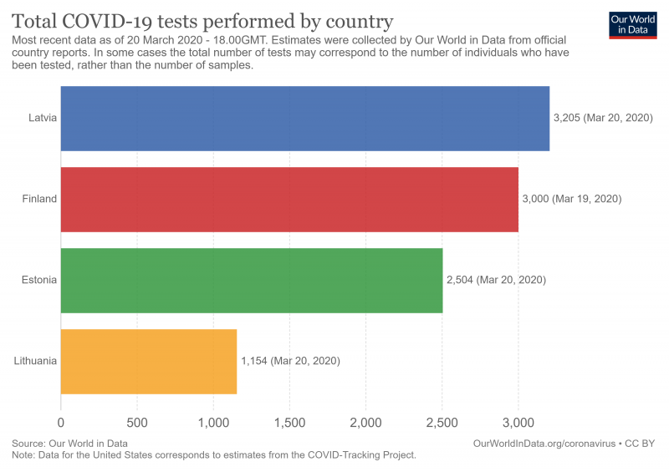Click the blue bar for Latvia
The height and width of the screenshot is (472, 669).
point(305,119)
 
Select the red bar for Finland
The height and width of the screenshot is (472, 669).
point(289,199)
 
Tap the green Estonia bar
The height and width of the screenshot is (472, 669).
point(252,280)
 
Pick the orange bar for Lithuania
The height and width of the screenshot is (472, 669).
point(149,361)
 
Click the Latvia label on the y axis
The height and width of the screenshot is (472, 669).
point(42,119)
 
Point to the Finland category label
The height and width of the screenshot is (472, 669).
point(39,199)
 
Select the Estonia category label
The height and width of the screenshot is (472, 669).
point(39,280)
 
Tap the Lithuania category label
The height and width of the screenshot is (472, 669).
point(35,361)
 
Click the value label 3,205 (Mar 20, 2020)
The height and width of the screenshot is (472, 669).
point(602,119)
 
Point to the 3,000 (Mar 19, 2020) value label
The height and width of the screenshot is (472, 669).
point(572,199)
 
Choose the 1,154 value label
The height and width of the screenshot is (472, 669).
point(290,361)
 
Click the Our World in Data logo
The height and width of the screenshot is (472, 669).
point(632,25)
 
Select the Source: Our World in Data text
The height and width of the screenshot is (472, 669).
point(69,443)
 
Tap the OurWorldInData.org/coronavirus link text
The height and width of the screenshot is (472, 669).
point(544,443)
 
